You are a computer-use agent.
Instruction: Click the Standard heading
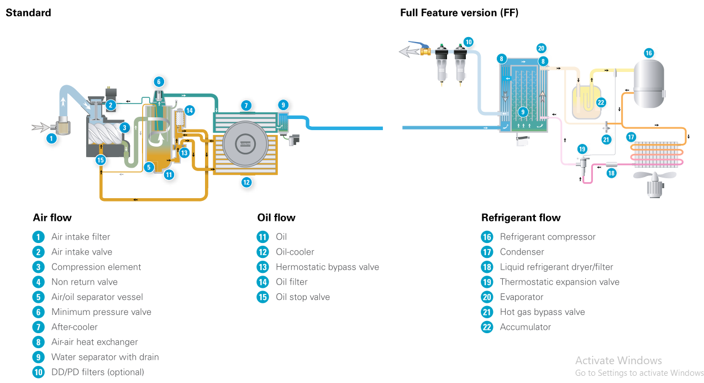point(28,13)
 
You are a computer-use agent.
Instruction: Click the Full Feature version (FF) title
point(459,13)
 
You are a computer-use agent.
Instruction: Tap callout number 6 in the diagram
point(159,82)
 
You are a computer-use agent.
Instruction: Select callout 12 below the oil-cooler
point(246,182)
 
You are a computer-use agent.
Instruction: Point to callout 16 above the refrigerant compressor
point(649,53)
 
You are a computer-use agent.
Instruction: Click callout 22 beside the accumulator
point(601,102)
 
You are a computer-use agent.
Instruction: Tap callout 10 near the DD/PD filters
point(468,42)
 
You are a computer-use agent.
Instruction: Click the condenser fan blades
point(654,175)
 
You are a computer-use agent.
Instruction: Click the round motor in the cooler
point(245,144)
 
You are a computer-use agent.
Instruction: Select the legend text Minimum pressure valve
point(101,312)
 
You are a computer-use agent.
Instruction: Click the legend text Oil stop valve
point(303,297)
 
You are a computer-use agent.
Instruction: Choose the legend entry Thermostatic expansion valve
point(559,282)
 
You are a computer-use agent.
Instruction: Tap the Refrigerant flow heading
point(521,218)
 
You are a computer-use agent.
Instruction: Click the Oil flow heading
point(276,218)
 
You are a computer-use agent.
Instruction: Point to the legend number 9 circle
point(38,357)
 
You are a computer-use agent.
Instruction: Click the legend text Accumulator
point(525,327)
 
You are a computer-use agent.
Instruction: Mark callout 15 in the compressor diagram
point(100,160)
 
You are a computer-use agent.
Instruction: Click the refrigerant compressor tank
point(649,84)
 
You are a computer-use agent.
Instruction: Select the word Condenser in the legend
point(522,252)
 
